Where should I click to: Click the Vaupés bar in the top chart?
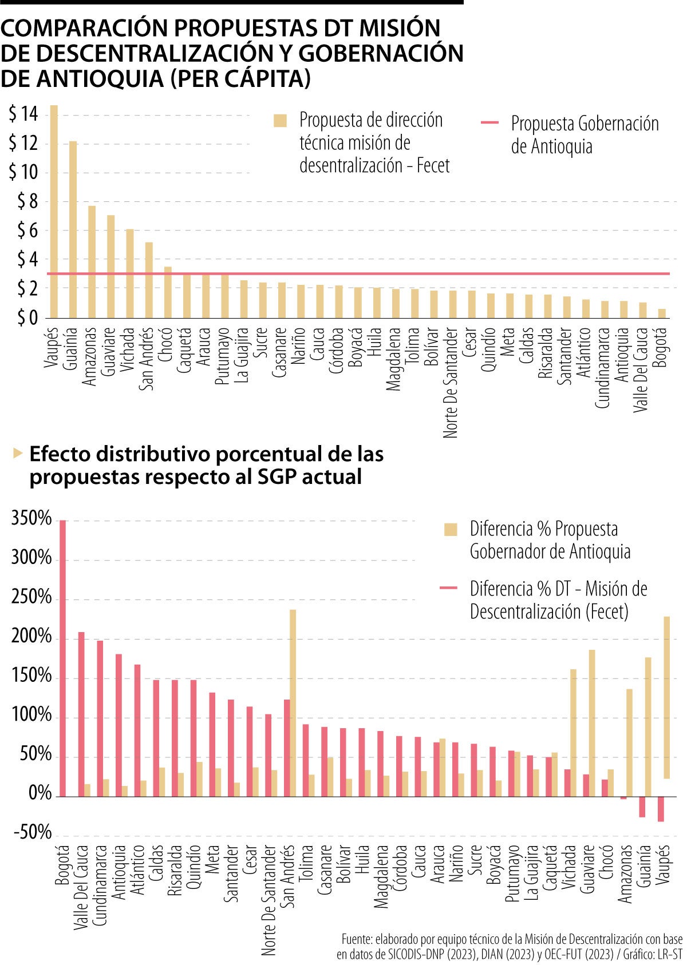(54, 212)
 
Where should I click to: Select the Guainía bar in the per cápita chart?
(73, 229)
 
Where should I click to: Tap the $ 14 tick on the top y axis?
(23, 114)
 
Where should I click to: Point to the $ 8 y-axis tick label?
(27, 201)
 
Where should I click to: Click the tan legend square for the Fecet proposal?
(280, 121)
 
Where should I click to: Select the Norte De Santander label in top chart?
(451, 382)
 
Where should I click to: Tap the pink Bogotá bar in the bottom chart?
(63, 658)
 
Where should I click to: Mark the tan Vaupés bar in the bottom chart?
(667, 698)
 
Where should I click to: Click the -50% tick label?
(33, 832)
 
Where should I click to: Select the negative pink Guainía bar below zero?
(642, 807)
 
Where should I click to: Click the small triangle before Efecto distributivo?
(18, 454)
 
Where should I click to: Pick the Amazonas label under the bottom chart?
(625, 873)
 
